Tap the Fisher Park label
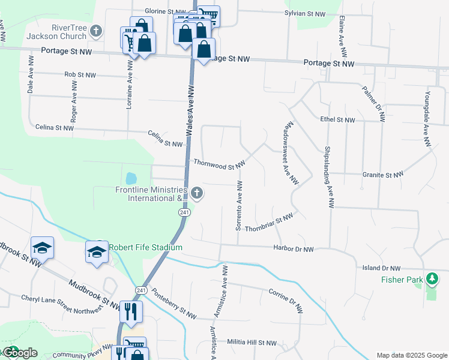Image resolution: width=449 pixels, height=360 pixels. pos(402,280)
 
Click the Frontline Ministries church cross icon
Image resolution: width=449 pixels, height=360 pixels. pos(197,193)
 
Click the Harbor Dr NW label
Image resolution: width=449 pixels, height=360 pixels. pos(293,248)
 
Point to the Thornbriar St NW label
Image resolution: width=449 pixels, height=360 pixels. pos(268,222)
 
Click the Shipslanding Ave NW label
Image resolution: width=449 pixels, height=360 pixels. pos(328,178)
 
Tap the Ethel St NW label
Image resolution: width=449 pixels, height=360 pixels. pos(339,120)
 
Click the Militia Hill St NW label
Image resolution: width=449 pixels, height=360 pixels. pos(252,342)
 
